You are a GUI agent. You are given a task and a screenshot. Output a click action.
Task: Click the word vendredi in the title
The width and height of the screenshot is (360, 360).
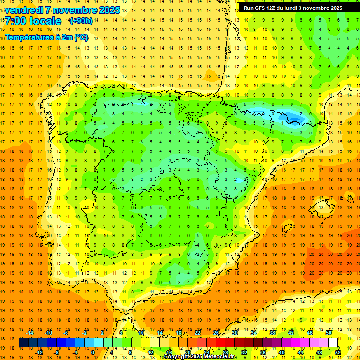click(24, 10)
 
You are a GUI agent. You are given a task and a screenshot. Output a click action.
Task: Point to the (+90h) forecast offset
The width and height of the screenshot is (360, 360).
click(81, 21)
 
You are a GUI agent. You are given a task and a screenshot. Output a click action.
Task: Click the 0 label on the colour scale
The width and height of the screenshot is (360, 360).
click(92, 352)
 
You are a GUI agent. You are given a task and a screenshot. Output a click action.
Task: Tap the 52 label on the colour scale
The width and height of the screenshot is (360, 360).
click(338, 352)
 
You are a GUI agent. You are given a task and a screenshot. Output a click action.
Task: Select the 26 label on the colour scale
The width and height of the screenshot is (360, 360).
click(216, 333)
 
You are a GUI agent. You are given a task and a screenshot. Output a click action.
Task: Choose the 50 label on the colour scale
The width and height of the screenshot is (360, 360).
click(328, 333)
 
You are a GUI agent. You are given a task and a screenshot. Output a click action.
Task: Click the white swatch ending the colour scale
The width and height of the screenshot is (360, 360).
click(333, 343)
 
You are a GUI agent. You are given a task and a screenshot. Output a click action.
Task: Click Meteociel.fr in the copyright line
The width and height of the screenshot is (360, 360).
click(220, 357)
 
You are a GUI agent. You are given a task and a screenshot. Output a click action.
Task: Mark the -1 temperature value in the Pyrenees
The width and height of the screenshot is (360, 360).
click(291, 114)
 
